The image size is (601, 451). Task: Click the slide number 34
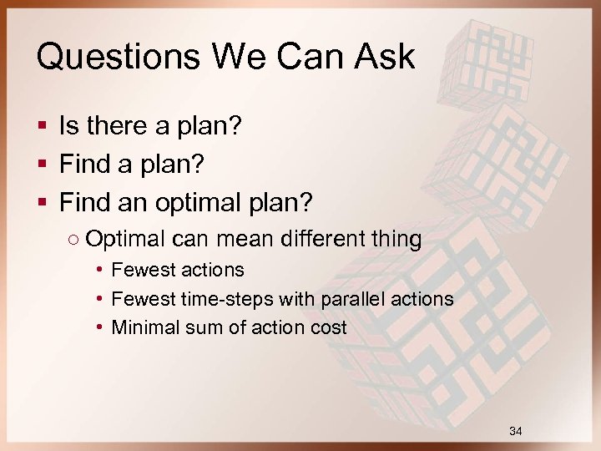(x=515, y=431)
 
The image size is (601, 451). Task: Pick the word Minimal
(x=142, y=327)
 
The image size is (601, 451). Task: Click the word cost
(x=328, y=327)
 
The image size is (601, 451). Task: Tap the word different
(x=321, y=239)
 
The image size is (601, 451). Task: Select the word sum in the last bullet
(x=194, y=327)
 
